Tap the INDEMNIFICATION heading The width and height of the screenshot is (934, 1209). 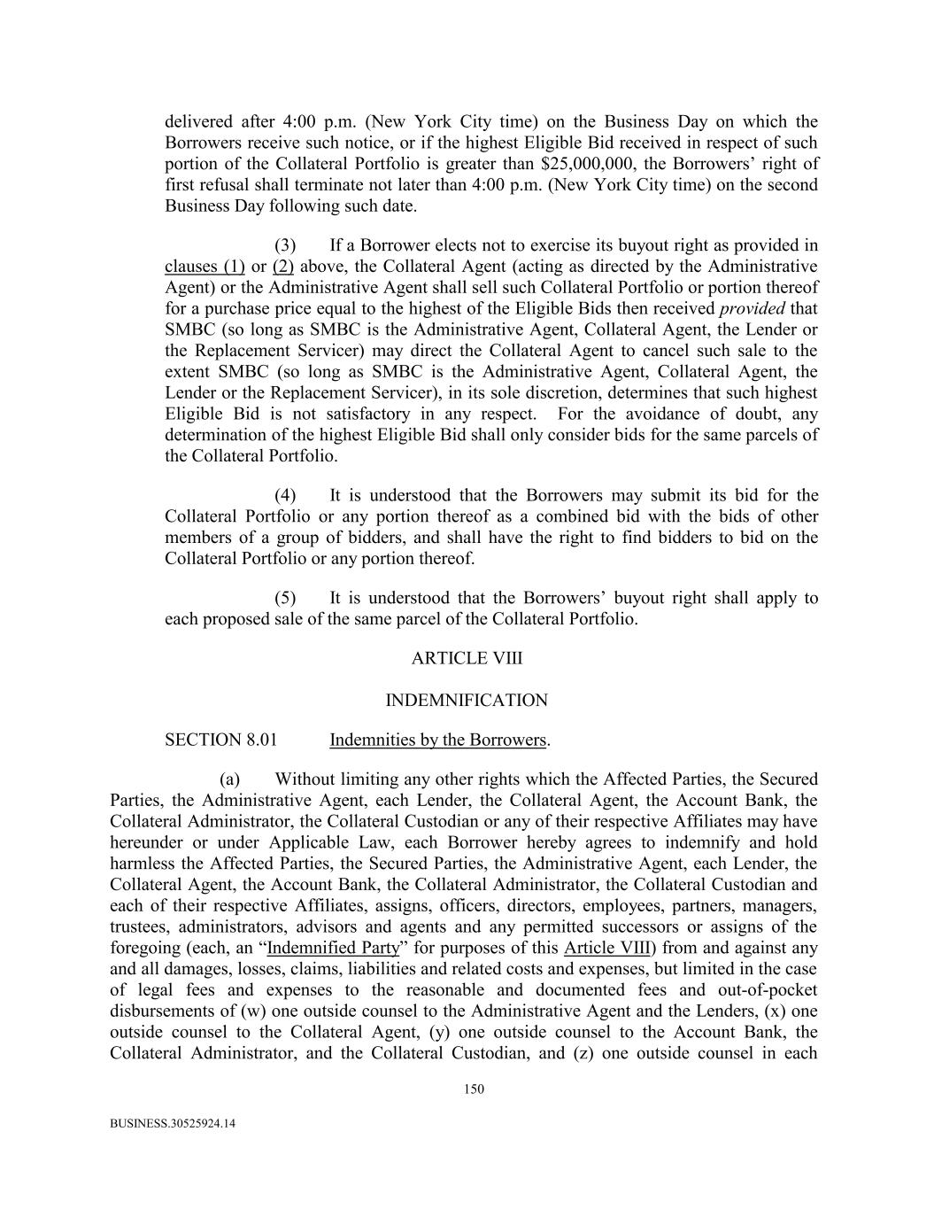tap(467, 701)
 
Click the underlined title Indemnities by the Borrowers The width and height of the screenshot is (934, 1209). tap(438, 740)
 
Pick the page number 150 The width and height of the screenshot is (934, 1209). tap(474, 1089)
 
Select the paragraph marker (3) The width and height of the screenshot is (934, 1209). tap(285, 245)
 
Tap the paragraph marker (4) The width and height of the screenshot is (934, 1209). tap(285, 495)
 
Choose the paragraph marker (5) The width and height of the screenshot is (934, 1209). tap(285, 598)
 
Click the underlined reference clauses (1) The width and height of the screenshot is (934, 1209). tap(205, 267)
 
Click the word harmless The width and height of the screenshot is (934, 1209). tap(143, 864)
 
